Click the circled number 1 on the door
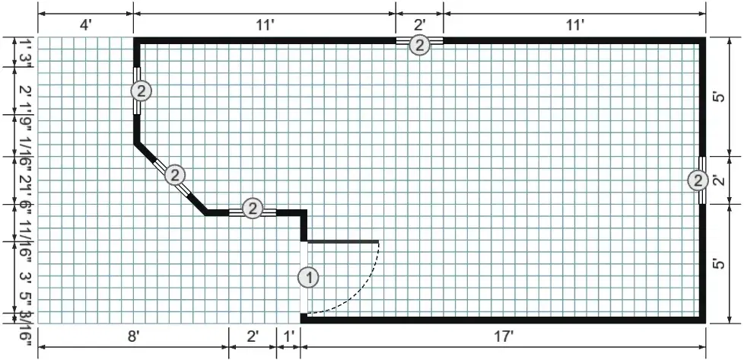[308, 277]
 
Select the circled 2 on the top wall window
[419, 45]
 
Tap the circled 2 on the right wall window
[698, 180]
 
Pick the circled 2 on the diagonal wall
[176, 175]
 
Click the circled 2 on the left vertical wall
[141, 91]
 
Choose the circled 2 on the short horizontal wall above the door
[253, 208]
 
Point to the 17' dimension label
[503, 336]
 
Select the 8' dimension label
[133, 336]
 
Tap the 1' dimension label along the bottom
[288, 336]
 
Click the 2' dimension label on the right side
[718, 180]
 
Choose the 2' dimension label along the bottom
[253, 336]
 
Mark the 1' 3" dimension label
[24, 52]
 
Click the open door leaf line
[342, 242]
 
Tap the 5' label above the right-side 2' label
[718, 99]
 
